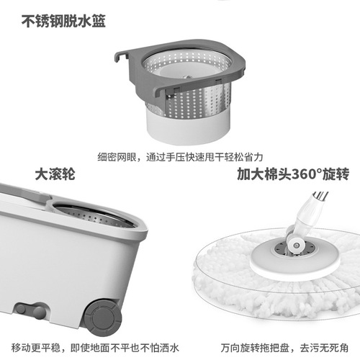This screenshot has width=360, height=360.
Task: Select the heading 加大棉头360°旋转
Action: (297, 174)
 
